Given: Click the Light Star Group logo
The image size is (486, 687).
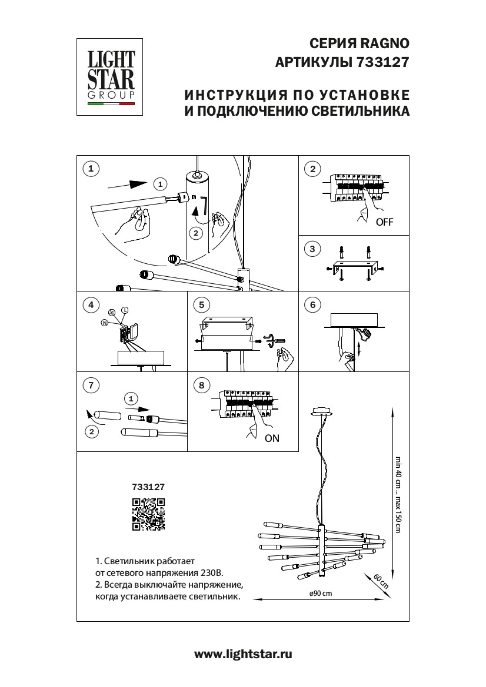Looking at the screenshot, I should [111, 77].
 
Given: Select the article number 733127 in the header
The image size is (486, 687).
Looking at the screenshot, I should [383, 62].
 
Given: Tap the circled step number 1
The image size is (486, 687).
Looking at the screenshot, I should [90, 169].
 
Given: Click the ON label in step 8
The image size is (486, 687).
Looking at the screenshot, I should [272, 438].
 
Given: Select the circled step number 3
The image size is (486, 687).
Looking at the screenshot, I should [312, 249].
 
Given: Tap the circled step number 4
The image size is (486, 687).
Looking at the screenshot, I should [90, 305].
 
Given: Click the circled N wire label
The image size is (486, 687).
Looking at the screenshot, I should [105, 323].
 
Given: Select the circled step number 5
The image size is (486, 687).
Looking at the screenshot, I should [201, 305].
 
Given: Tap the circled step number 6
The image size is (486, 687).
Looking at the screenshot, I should [312, 305].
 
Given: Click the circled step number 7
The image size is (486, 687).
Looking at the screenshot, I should [90, 386].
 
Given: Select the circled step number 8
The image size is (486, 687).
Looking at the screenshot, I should [201, 386].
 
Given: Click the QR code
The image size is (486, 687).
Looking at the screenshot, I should [148, 514].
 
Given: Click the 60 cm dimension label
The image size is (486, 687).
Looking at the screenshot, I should [381, 581].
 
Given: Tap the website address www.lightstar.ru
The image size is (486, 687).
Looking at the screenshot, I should [243, 654].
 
